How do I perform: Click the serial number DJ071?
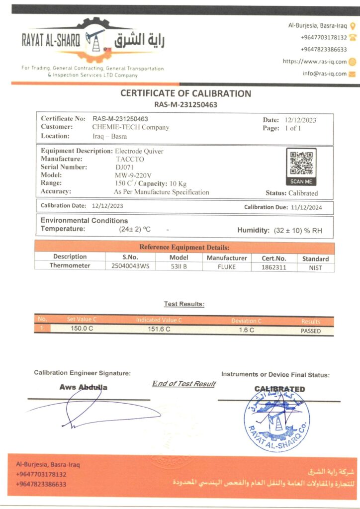[x=122, y=167]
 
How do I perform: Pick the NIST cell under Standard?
[x=315, y=268]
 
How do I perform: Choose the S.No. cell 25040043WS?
[x=130, y=266]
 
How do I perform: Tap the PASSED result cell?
[x=311, y=331]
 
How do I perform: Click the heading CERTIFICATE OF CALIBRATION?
[x=185, y=93]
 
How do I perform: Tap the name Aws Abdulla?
[x=83, y=387]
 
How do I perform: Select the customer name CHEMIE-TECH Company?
[x=131, y=127]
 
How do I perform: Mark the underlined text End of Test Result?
[x=183, y=383]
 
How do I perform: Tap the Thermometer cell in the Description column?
[x=70, y=265]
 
